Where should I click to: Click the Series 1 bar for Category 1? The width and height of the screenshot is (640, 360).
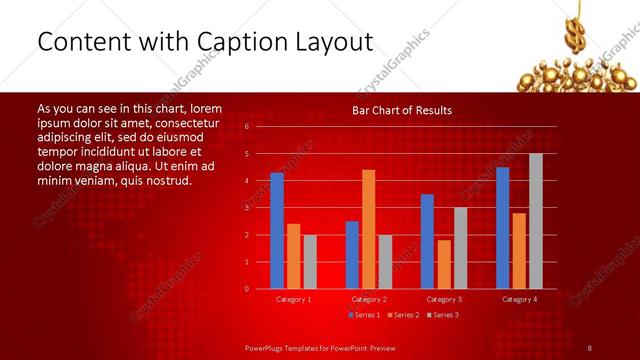[x=277, y=230]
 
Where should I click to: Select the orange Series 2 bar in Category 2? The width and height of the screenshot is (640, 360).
[x=368, y=229]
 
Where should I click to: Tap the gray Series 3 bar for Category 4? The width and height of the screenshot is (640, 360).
[x=535, y=221]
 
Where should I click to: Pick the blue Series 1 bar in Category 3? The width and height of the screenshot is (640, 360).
[x=427, y=241]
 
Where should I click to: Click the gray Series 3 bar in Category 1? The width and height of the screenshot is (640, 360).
[x=310, y=261]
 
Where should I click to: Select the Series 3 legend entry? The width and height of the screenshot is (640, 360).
[x=445, y=315]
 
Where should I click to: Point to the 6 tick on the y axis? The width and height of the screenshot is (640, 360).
[x=246, y=127]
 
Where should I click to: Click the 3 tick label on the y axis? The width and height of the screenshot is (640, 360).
[x=246, y=208]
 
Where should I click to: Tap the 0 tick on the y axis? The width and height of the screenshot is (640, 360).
[x=246, y=289]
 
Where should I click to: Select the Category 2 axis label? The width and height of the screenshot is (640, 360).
[x=368, y=299]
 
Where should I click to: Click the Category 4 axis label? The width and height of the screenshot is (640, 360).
[x=518, y=299]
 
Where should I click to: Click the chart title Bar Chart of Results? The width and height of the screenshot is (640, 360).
[x=402, y=110]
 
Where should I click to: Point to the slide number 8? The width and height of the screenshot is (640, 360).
[x=589, y=347]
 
